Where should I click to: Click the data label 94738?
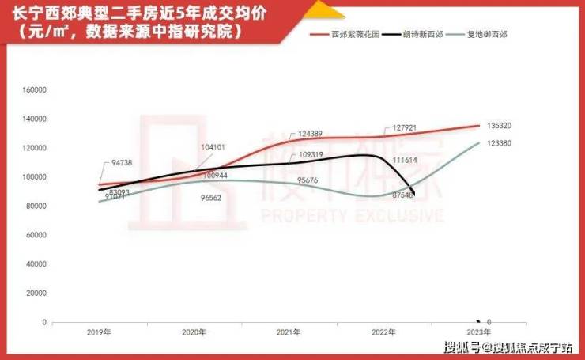(x=121, y=162)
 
